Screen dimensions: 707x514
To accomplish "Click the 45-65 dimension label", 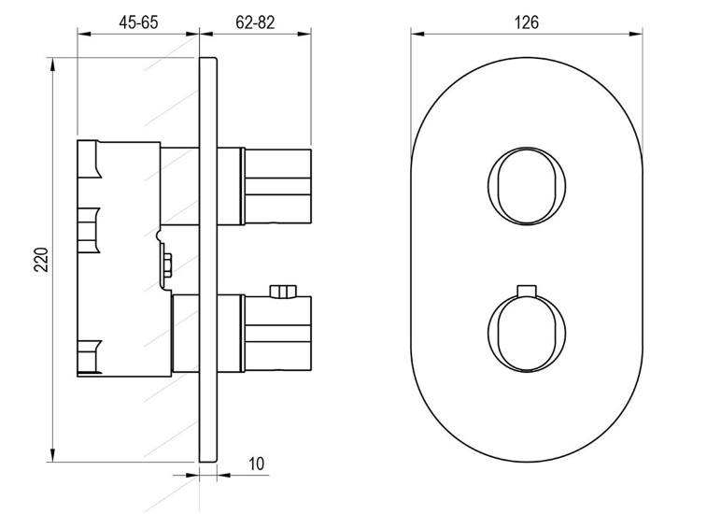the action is (138, 22).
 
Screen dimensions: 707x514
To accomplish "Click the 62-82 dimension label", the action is (255, 22).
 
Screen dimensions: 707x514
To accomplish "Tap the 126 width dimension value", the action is (527, 22).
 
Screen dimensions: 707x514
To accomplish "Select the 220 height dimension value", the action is (41, 260).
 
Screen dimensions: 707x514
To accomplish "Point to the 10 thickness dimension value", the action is (257, 464).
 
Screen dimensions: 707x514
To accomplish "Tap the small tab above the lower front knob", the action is (527, 291).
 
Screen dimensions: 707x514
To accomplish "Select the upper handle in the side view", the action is (277, 186).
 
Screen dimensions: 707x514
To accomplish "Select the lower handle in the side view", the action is (277, 334).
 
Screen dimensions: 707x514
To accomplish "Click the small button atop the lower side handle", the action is (283, 292).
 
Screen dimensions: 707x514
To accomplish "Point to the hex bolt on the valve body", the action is (167, 264).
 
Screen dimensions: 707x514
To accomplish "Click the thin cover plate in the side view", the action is (208, 260).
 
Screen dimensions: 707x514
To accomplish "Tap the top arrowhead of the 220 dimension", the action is (53, 64).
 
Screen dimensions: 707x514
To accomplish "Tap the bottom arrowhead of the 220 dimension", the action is (53, 455).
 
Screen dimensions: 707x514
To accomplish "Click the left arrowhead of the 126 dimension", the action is (417, 34).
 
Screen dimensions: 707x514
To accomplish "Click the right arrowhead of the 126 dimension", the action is (636, 34).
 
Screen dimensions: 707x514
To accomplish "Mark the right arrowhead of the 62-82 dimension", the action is (304, 34).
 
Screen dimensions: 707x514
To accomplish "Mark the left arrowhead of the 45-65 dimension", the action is (84, 34).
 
